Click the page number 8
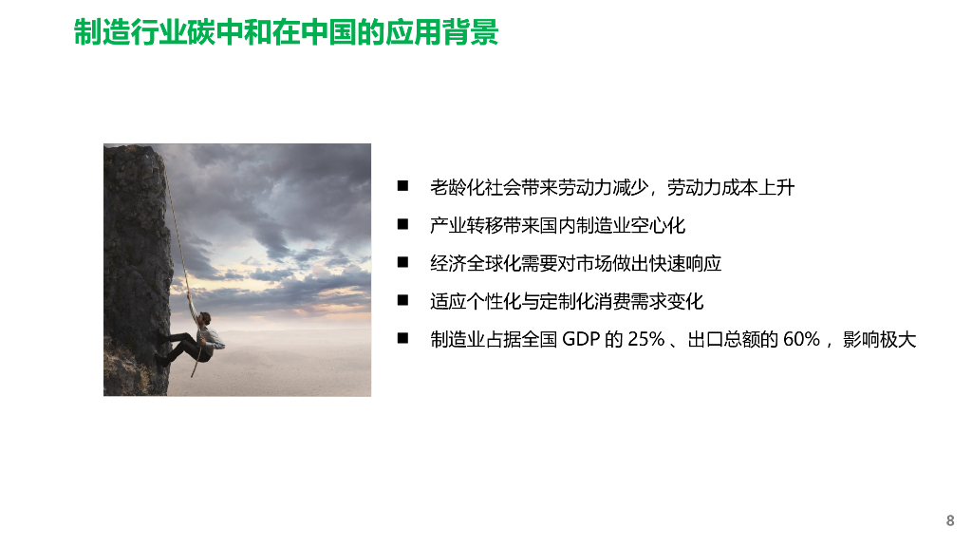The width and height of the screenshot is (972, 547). pos(949,520)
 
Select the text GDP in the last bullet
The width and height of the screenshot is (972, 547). pos(582,339)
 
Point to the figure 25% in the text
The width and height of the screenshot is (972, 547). pos(645,339)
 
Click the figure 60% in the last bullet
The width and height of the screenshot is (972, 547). pos(801,339)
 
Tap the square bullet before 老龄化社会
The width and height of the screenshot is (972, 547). pos(402,187)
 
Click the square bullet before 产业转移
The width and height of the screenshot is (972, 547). pos(402,225)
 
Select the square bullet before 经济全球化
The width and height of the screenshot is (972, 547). pos(402,263)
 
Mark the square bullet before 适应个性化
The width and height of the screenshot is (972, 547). pos(402,301)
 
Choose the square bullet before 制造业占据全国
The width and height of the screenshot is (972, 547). pos(402,339)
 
